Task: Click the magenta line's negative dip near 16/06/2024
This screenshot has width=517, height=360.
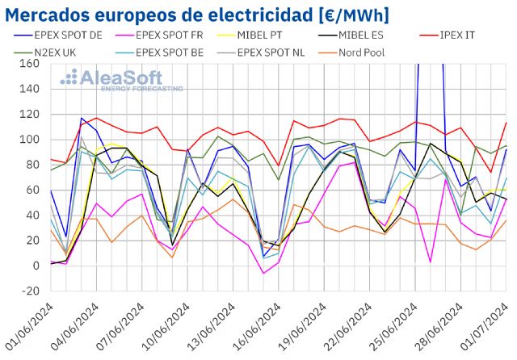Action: coord(263,274)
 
